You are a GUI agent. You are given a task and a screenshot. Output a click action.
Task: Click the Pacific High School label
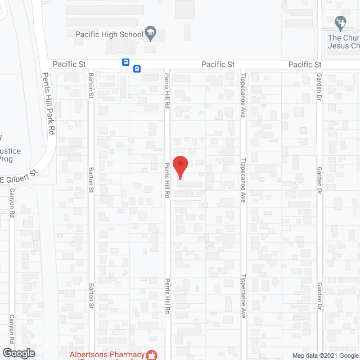pos(110,34)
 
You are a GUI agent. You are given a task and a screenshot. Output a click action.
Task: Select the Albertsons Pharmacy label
pos(107,354)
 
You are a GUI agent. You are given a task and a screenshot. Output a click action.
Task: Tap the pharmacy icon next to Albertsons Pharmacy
pos(151,354)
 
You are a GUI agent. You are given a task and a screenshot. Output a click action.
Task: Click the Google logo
pos(18,353)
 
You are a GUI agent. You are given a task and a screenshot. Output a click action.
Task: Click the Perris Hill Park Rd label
pos(49,103)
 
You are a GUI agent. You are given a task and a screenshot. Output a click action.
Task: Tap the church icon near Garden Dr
pos(340,23)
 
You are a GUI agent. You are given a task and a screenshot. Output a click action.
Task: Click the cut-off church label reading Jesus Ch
pos(344,46)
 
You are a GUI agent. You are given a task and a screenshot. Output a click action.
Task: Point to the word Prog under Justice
pos(6,159)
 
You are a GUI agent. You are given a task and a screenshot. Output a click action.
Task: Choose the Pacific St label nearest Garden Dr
pos(305,65)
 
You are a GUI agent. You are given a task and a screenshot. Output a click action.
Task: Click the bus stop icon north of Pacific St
pos(125,62)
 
